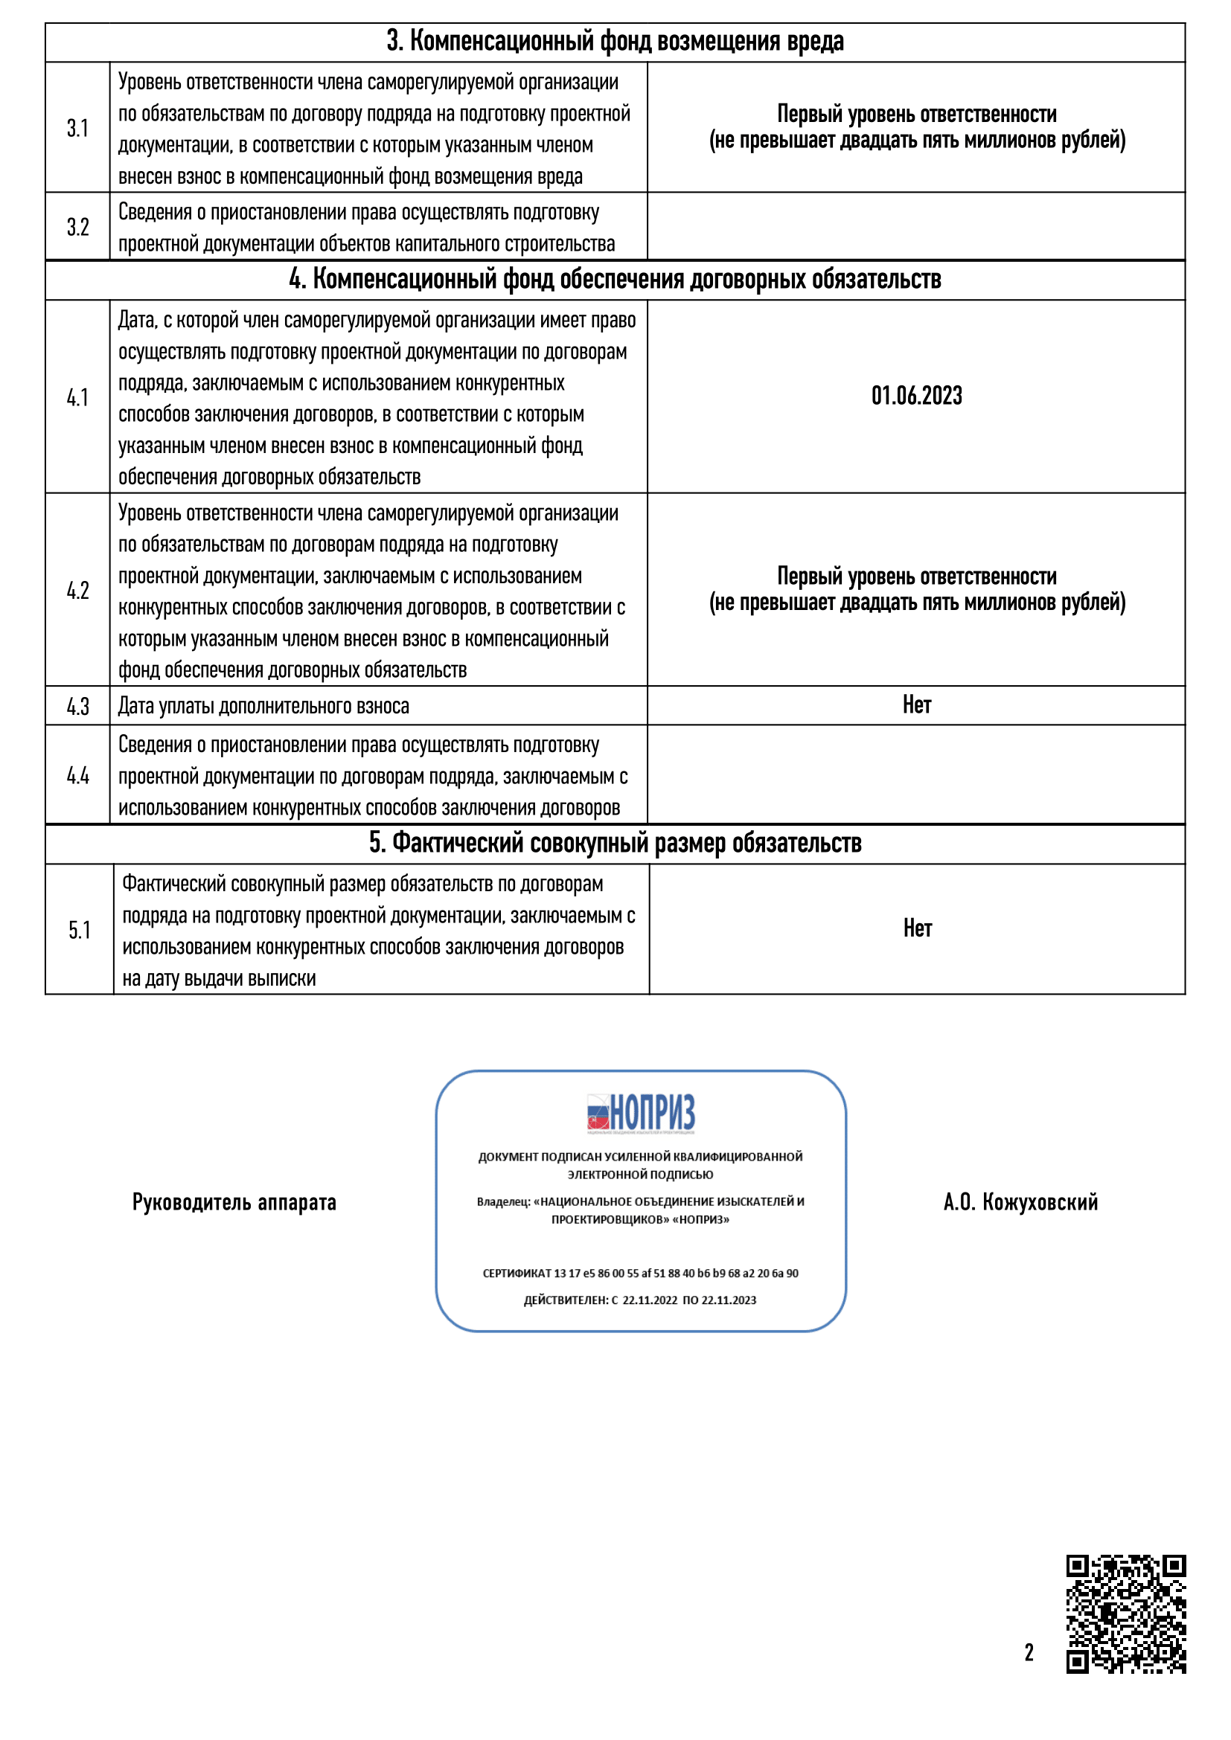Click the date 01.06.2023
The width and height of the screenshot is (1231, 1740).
coord(915,396)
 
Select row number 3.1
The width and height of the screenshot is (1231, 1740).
coord(77,128)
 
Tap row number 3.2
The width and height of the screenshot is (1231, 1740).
coord(77,227)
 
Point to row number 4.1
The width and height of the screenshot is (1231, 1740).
coord(77,397)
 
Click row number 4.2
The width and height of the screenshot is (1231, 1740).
coord(77,591)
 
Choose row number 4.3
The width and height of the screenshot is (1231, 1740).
coord(77,706)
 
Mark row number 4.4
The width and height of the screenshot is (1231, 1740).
coord(77,775)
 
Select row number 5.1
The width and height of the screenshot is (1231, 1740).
coord(79,930)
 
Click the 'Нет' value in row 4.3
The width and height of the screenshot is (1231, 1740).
coord(915,704)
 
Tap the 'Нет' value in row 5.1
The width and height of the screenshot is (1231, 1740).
coord(916,928)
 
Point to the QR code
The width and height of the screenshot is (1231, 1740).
coord(1125,1614)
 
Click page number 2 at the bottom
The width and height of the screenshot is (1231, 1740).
coord(1029,1652)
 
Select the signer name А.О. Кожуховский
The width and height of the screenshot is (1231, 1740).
coord(1020,1202)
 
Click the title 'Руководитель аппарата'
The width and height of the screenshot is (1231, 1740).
coord(234,1203)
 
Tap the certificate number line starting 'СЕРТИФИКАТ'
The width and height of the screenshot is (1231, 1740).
coord(641,1273)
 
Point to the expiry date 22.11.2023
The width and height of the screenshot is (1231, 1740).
coord(729,1300)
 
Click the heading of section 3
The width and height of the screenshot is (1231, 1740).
coord(615,42)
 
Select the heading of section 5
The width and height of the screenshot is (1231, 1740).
coord(615,844)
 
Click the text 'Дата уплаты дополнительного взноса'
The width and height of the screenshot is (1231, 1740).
coord(263,706)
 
